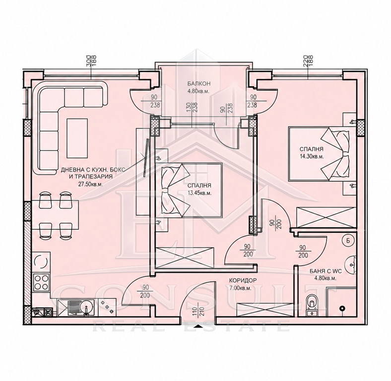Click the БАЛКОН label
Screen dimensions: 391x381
[x=199, y=83]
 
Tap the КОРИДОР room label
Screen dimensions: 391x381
[x=243, y=280]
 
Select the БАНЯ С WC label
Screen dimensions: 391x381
[x=323, y=271]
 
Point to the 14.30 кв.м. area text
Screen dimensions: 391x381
[x=312, y=157]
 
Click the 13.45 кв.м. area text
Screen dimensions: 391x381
[x=199, y=193]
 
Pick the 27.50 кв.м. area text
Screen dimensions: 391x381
[x=90, y=184]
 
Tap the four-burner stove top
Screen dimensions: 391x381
[x=41, y=282]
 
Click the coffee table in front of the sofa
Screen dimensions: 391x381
[x=77, y=138]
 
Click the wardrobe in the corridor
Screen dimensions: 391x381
[x=265, y=310]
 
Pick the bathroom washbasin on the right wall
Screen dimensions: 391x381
[x=350, y=264]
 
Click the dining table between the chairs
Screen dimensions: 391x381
[x=55, y=215]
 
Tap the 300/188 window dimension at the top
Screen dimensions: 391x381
[x=91, y=61]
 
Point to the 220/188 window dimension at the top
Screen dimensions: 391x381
[x=308, y=61]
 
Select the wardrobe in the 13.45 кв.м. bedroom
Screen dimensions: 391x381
[x=185, y=258]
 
